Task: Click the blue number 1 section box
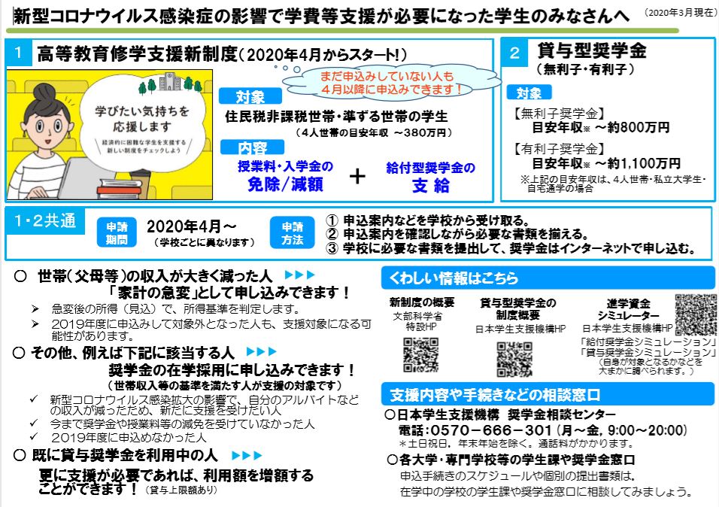pos(18,53)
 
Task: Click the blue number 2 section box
pos(514,53)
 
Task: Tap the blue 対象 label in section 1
pos(250,97)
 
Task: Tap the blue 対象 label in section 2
pos(529,93)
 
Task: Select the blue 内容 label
pos(252,147)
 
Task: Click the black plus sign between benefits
pos(358,176)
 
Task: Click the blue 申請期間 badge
pos(117,232)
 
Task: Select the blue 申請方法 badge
pos(293,232)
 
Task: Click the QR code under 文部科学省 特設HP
pos(421,355)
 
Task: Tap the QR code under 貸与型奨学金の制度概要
pos(514,360)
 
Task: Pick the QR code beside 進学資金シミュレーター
pos(695,314)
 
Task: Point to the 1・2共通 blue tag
pos(45,221)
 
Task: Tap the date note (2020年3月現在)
pos(680,13)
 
